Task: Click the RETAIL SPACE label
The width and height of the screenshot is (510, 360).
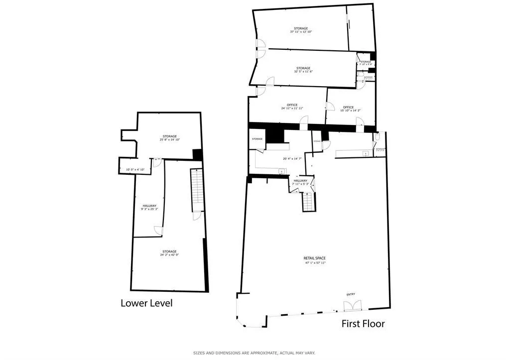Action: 315,258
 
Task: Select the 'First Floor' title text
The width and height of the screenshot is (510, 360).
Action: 363,324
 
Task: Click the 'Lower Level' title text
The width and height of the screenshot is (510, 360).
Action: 146,303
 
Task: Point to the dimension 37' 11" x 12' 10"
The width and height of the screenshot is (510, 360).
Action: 301,32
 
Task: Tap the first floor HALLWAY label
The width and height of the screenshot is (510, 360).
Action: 300,181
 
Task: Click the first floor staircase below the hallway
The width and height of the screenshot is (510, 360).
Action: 309,202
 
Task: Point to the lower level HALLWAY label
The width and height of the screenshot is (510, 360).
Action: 149,206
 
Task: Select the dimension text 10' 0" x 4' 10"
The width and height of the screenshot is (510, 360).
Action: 135,170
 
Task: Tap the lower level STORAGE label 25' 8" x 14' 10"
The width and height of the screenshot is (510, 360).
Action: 169,136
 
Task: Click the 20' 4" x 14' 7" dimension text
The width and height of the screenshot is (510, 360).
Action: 292,159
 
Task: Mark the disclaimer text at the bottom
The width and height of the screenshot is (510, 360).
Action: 254,353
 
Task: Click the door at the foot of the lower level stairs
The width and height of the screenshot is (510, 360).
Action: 197,215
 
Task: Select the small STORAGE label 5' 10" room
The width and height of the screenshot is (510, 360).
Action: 366,62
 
